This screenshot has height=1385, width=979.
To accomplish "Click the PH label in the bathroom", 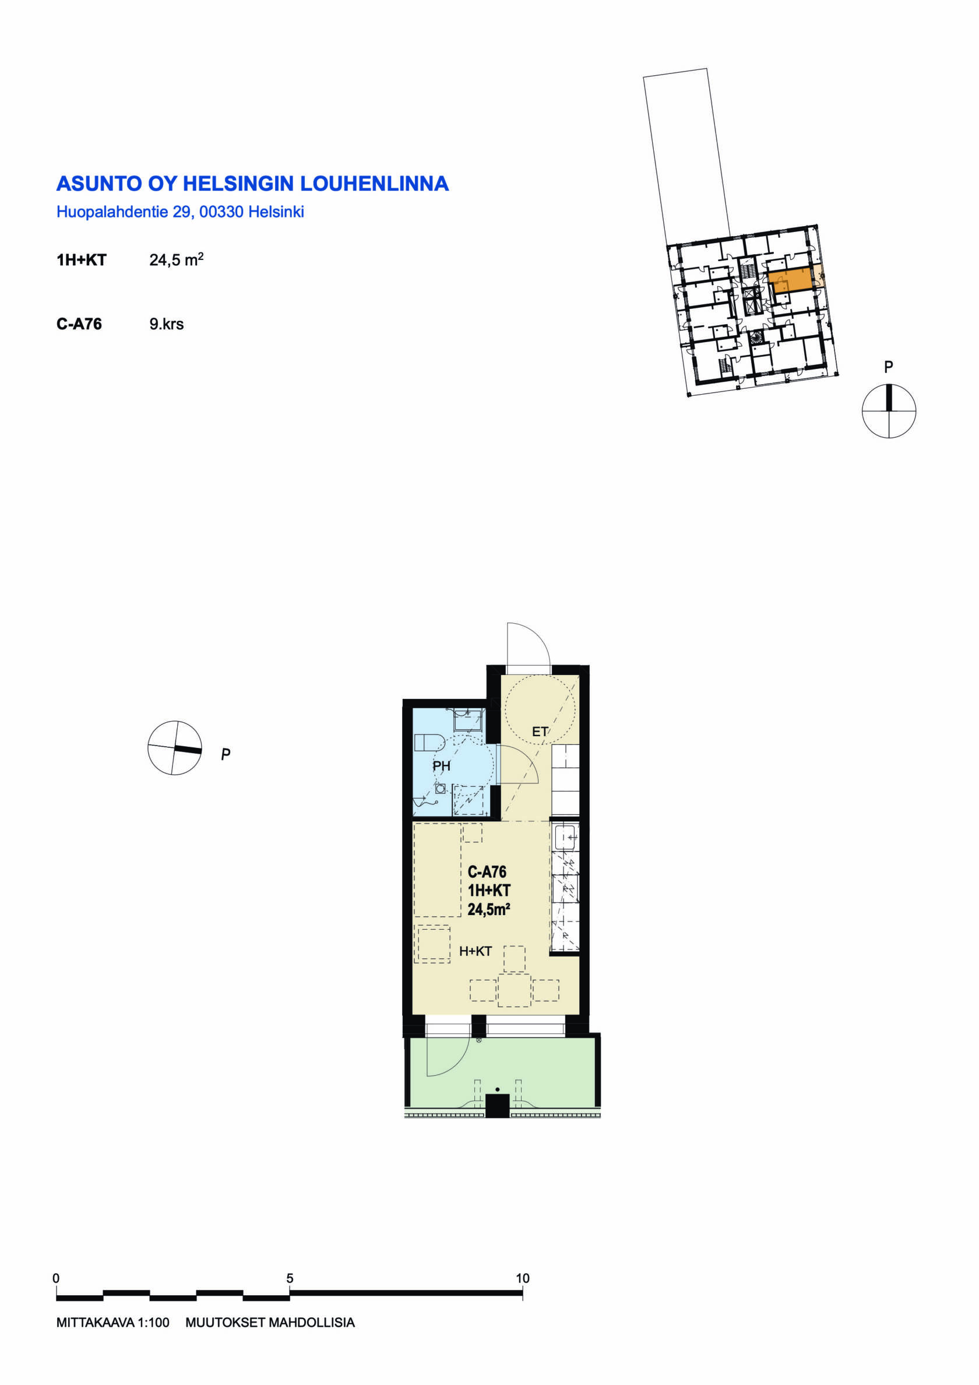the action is (441, 766).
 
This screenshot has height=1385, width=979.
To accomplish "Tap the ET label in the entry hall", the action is (539, 732).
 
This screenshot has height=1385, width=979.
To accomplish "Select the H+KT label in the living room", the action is (476, 951).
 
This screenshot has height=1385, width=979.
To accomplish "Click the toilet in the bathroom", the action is (429, 742).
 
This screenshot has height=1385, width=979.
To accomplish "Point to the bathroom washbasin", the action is (468, 720).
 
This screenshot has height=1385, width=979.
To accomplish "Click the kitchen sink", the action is (566, 837).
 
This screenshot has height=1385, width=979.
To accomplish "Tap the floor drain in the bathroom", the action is (441, 789).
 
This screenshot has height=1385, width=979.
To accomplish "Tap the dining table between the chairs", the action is (514, 990).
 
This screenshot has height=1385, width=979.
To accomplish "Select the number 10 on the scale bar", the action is (522, 1278).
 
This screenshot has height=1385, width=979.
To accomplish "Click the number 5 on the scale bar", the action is (290, 1278).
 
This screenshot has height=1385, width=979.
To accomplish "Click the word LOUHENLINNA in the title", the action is (374, 184).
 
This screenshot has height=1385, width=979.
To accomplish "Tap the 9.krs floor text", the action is (167, 324).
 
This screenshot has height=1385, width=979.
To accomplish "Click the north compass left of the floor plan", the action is (175, 747).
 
